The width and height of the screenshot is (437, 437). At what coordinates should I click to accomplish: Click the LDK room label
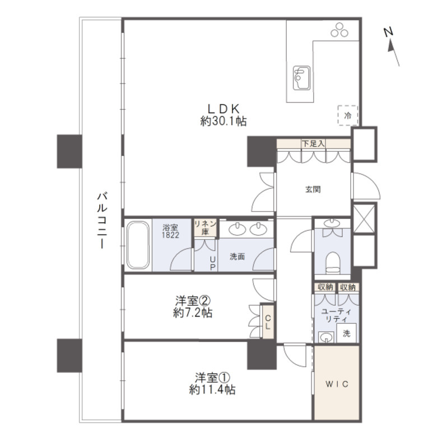(x=224, y=109)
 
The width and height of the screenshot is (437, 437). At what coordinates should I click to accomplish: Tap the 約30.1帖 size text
(x=224, y=121)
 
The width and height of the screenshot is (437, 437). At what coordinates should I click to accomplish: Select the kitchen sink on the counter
(x=301, y=78)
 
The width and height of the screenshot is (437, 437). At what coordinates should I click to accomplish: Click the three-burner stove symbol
(x=340, y=30)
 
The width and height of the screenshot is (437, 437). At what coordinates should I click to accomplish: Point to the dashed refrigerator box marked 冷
(x=348, y=115)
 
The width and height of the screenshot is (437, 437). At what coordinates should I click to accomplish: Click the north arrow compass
(x=392, y=47)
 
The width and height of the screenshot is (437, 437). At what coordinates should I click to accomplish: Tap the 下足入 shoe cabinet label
(x=313, y=144)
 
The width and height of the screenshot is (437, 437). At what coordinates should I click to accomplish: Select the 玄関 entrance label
(x=313, y=189)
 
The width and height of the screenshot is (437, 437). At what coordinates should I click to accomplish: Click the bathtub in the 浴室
(x=138, y=245)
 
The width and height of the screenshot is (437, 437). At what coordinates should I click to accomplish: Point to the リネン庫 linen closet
(x=206, y=227)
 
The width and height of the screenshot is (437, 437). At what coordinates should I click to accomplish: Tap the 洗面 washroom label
(x=237, y=257)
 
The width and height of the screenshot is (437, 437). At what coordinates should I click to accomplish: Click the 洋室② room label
(x=193, y=301)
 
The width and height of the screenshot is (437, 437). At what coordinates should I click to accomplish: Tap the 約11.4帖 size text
(x=212, y=389)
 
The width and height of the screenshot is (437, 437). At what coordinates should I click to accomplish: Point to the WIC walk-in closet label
(x=337, y=384)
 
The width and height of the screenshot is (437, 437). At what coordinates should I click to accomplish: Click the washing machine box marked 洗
(x=346, y=333)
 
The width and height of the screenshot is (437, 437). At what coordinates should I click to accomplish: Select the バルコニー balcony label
(x=102, y=220)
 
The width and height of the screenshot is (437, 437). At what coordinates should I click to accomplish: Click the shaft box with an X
(x=364, y=218)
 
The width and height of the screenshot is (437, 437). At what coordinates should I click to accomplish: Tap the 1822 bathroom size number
(x=170, y=235)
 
